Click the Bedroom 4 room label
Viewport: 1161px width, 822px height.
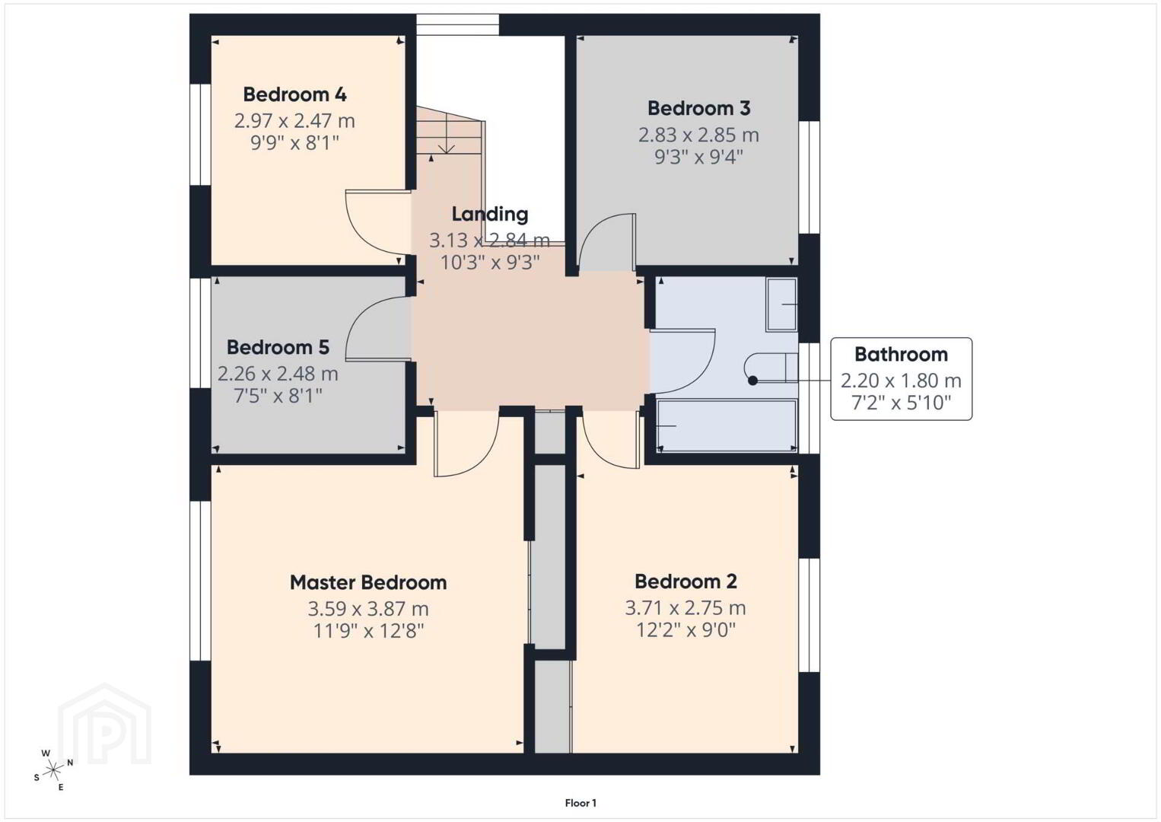pos(294,94)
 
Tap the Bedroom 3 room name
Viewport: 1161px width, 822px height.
pos(698,108)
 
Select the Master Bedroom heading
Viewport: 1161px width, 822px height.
pos(368,582)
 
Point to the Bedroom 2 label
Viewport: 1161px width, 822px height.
pos(685,581)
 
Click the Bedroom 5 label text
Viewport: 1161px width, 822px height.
pos(278,347)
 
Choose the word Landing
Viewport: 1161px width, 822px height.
pos(490,214)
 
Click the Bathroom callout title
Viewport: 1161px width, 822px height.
pos(902,354)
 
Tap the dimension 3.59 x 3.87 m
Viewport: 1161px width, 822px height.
pos(368,608)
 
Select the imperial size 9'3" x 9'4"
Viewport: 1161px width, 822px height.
pos(698,157)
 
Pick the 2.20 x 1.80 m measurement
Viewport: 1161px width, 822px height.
pos(902,381)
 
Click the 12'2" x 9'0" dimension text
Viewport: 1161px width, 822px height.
pos(685,630)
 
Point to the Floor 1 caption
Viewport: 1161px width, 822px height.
pos(580,803)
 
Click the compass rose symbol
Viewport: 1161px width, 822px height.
pos(52,770)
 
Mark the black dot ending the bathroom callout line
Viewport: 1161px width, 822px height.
pos(753,381)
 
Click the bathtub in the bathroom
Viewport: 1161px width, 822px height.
pos(727,425)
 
